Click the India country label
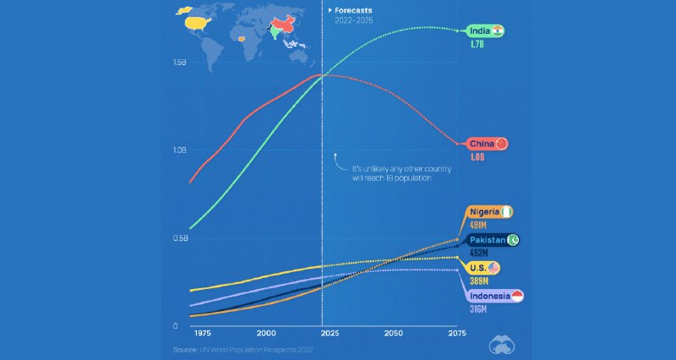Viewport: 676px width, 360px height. coord(487,31)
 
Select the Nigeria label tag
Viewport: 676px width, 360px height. coord(489,212)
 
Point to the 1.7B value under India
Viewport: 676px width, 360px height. coord(477,46)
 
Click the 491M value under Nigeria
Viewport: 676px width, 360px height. coord(477,226)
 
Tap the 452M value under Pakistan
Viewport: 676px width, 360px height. coord(477,254)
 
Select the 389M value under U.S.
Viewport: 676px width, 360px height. coord(478,282)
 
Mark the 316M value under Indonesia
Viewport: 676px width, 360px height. coord(478,310)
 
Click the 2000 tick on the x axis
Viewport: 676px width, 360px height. coord(266,335)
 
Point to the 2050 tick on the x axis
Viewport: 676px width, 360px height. coord(394,335)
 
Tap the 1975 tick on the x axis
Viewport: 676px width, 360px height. coord(203,335)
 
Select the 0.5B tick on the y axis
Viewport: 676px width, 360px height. coord(179,238)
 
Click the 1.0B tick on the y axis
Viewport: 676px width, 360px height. coord(179,150)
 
